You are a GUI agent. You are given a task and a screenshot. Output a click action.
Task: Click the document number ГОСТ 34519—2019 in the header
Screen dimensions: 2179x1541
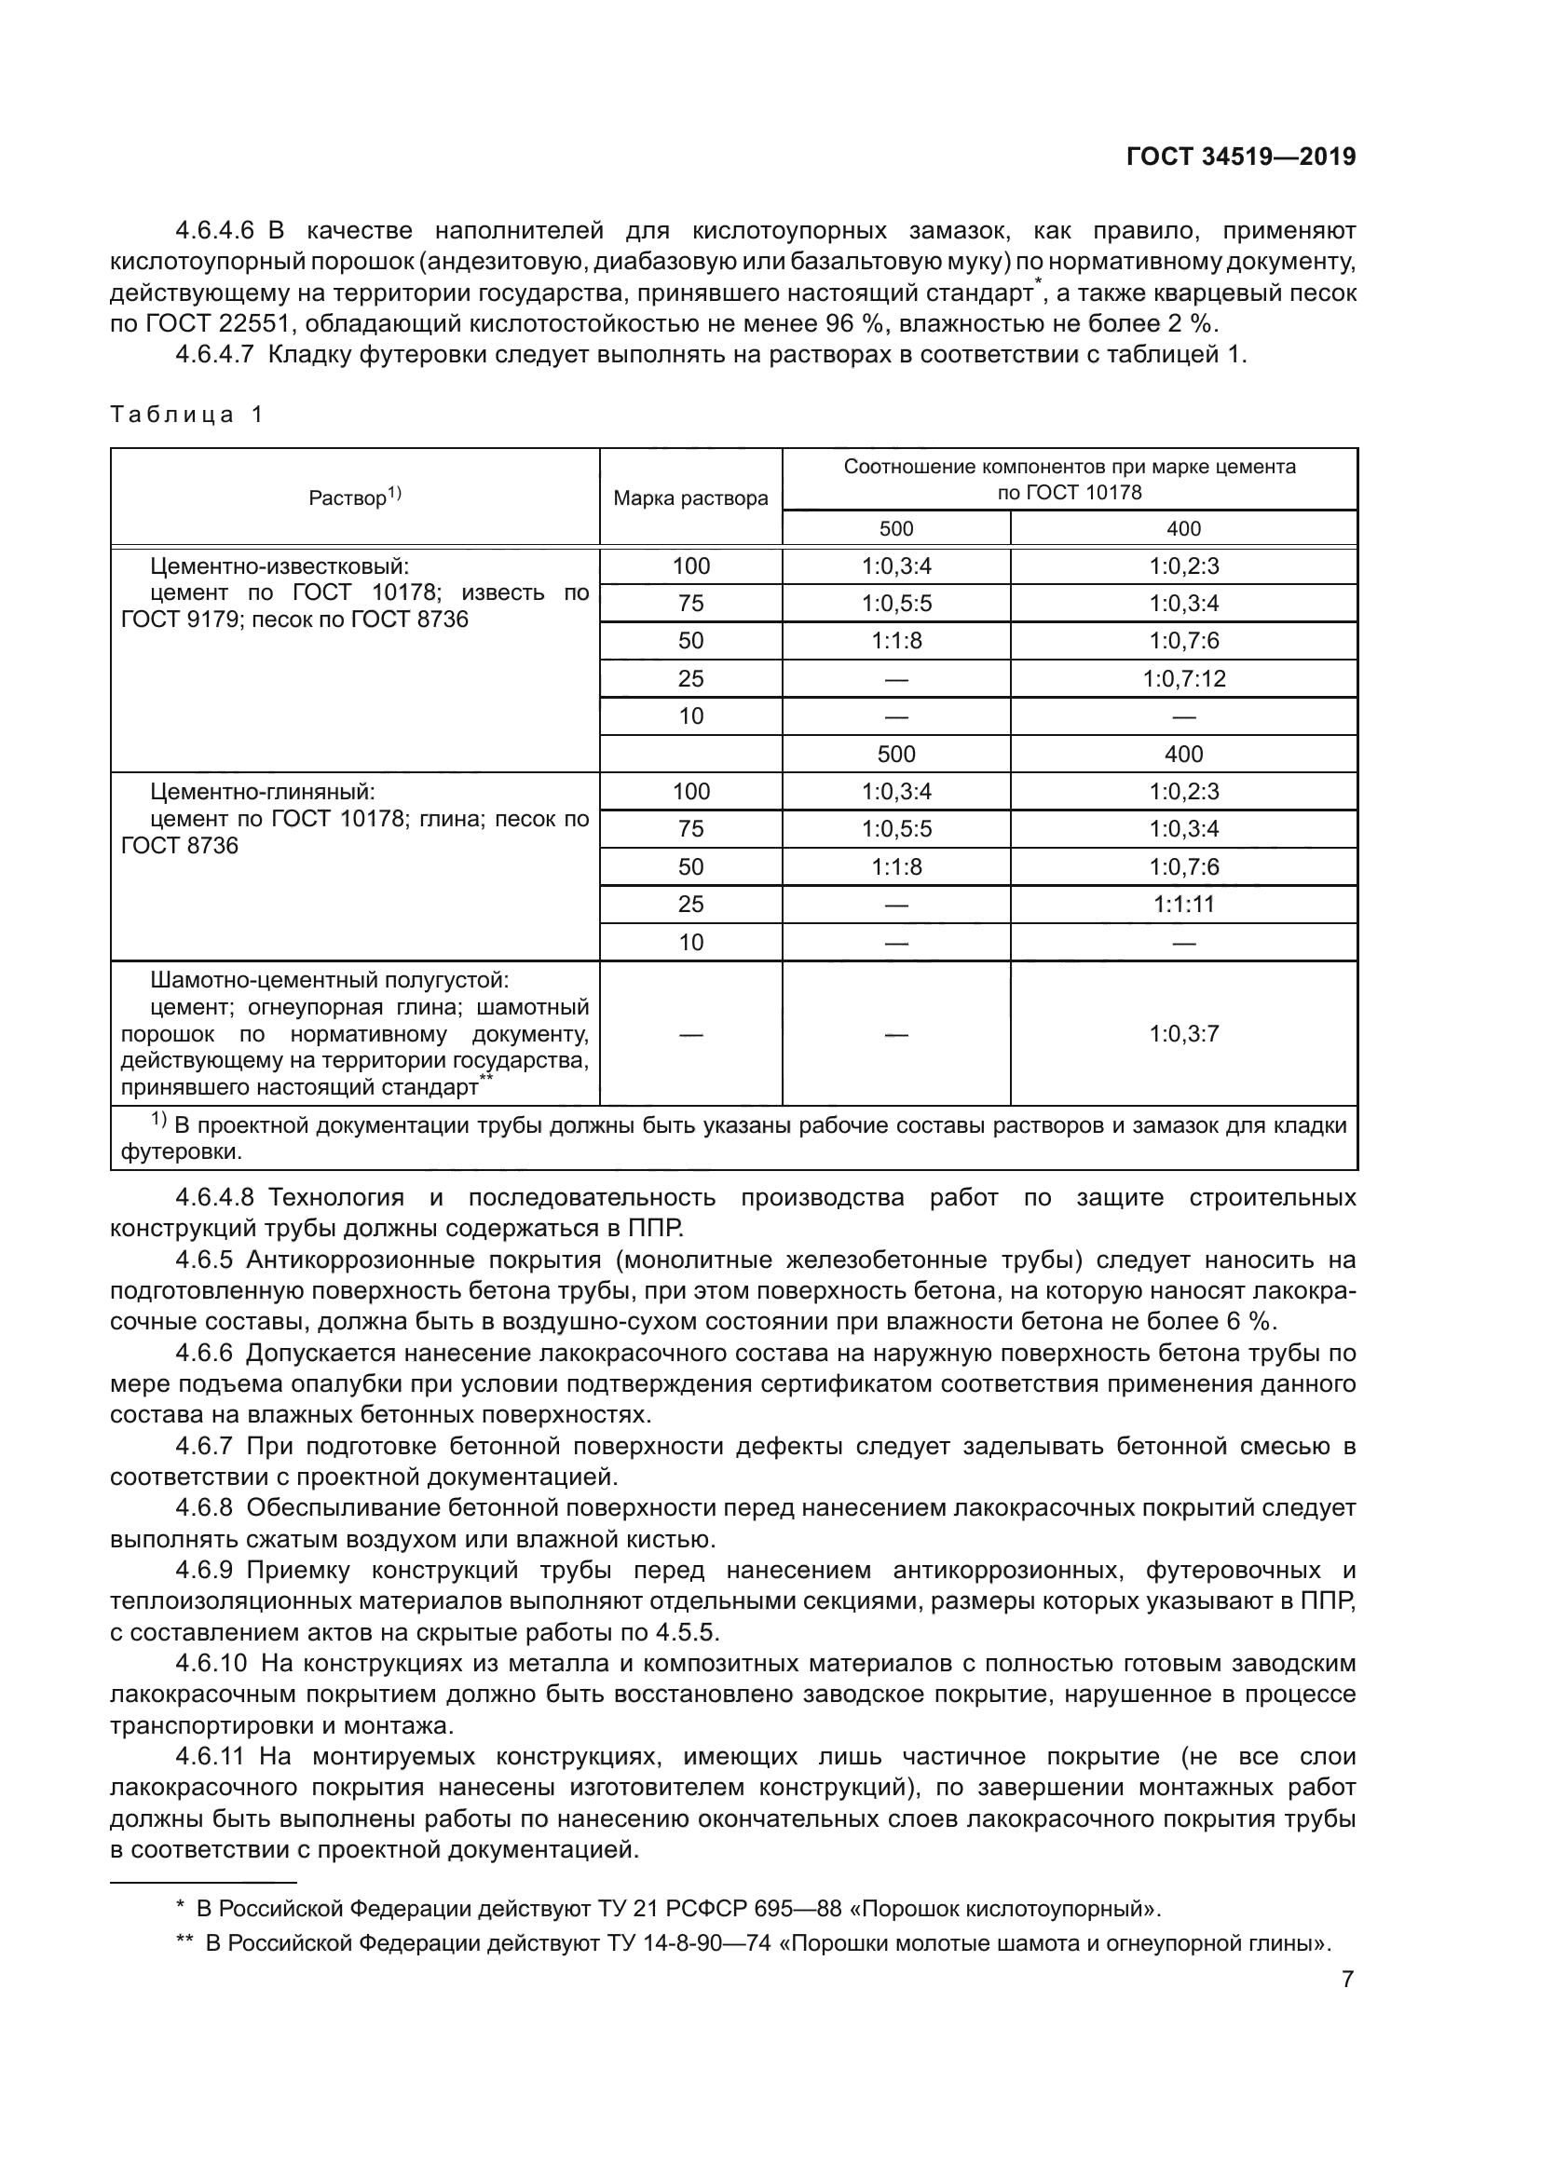click(1240, 157)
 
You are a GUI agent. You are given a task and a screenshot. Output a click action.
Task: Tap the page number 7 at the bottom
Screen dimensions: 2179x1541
click(1347, 1980)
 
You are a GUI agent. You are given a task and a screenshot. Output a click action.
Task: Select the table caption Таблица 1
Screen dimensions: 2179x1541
click(186, 414)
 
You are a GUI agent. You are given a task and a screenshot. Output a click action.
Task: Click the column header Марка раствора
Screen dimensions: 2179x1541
click(689, 498)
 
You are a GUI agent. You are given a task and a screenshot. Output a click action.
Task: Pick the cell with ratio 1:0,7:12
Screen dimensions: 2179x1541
click(1183, 678)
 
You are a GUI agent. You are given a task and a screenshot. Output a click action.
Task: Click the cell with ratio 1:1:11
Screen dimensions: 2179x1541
click(1183, 905)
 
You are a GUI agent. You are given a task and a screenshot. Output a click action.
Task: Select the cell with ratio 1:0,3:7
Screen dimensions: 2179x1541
click(1183, 1033)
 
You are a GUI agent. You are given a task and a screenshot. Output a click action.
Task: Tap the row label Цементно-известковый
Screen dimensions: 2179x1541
click(279, 566)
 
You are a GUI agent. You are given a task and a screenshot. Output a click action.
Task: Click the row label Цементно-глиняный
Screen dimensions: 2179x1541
click(262, 792)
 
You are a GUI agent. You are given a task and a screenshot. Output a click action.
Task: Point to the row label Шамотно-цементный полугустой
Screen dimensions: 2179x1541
click(329, 979)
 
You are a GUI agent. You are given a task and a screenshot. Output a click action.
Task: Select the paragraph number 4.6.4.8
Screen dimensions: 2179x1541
click(215, 1198)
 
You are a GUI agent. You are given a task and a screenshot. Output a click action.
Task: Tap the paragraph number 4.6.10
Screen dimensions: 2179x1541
click(211, 1664)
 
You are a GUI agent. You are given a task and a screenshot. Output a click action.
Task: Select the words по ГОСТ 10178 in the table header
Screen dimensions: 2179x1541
click(1070, 492)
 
